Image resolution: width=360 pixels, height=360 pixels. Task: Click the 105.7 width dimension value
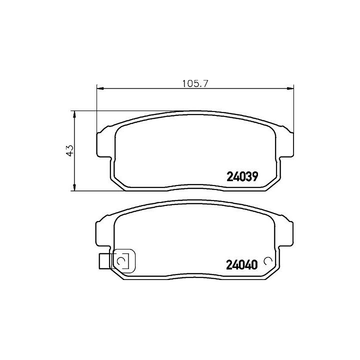[195, 83]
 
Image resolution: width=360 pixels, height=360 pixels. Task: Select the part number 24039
[242, 177]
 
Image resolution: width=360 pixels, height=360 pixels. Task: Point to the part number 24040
[242, 265]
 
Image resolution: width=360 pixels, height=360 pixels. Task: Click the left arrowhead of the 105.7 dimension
[100, 88]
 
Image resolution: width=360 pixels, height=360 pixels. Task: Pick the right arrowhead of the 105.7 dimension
[290, 88]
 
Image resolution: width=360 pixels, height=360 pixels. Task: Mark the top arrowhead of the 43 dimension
[74, 115]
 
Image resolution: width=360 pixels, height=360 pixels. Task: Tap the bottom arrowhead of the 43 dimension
[74, 187]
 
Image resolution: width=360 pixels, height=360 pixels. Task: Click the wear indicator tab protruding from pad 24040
[104, 261]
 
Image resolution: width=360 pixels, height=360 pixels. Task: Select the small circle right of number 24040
[268, 260]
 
